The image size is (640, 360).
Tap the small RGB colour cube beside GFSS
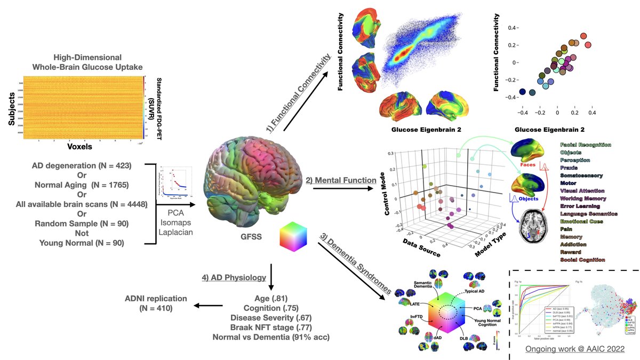(294, 236)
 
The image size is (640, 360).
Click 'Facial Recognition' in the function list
(586, 145)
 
